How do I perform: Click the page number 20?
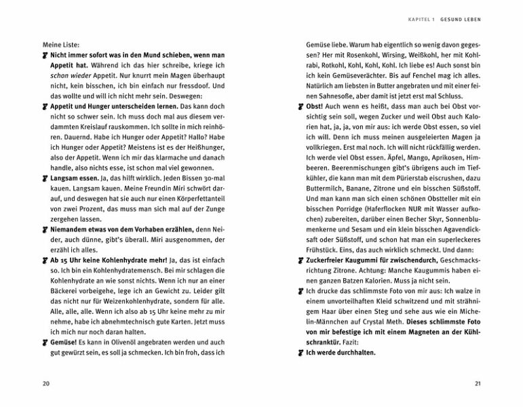pos(46,383)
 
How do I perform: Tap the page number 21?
pos(478,383)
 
